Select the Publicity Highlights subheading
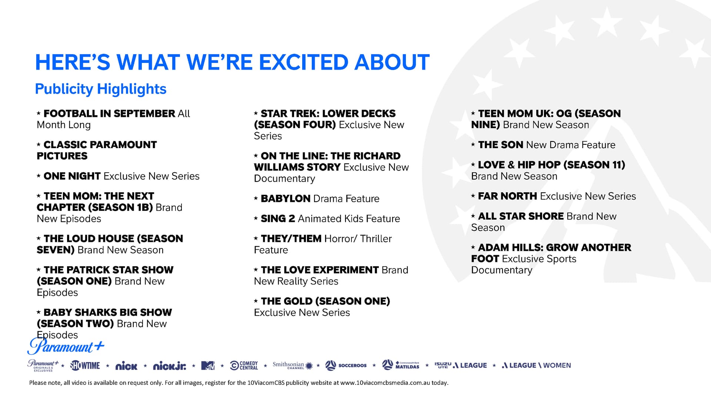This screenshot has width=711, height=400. tap(101, 89)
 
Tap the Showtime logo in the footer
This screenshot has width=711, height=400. tap(85, 366)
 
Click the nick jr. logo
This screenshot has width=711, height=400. tap(170, 366)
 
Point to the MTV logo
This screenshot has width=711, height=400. tap(208, 366)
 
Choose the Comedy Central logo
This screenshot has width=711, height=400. tap(244, 366)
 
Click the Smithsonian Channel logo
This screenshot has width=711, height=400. tap(293, 366)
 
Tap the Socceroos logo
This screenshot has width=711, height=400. tap(346, 366)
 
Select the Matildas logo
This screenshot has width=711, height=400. tap(401, 365)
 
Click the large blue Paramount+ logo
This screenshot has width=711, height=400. tap(66, 347)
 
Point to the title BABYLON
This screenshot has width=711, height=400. tap(286, 199)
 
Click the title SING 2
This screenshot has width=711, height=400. tap(278, 219)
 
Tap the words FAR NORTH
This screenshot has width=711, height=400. tap(507, 196)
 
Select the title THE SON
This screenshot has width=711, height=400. tap(501, 145)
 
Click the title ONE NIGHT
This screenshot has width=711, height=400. tap(72, 176)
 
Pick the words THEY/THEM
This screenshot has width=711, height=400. tap(291, 239)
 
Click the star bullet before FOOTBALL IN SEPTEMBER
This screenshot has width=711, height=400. tap(39, 113)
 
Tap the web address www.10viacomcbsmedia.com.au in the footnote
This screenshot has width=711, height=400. tap(385, 383)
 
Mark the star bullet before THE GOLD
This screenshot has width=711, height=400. tap(256, 301)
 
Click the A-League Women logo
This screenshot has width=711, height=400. tap(536, 366)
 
